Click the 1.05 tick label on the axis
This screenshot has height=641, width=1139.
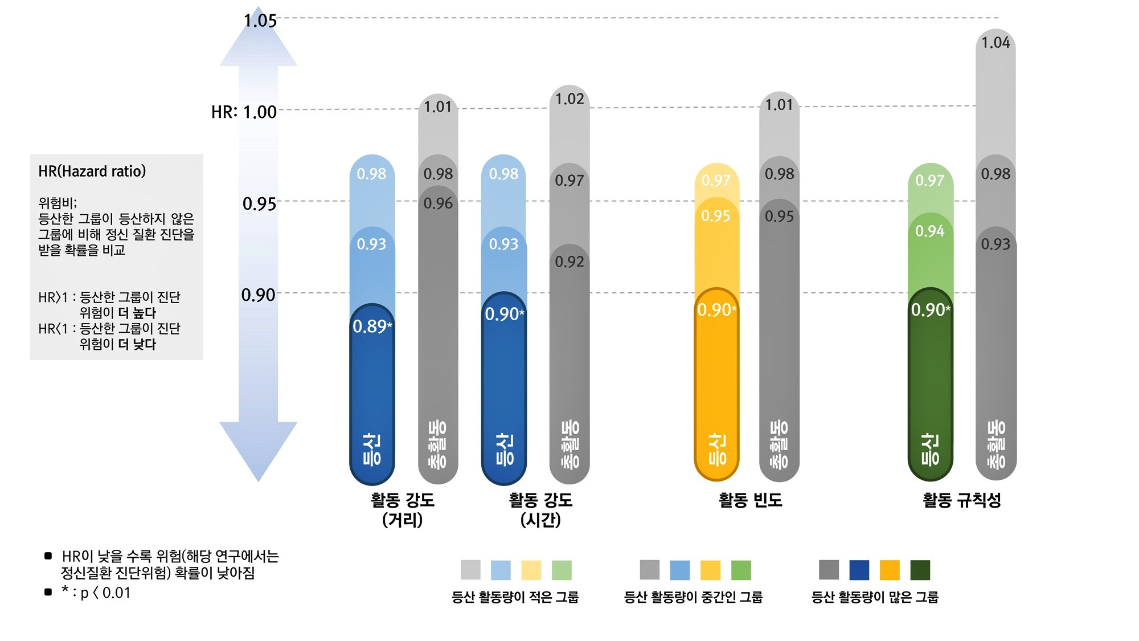260,21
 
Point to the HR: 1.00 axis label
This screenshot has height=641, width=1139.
244,112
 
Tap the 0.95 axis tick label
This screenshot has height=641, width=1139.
259,203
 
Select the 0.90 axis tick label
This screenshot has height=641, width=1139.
258,295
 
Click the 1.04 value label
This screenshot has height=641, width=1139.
995,43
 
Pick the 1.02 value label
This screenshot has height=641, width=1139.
569,99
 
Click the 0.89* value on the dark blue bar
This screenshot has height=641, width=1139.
372,326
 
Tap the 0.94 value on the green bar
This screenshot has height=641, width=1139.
929,231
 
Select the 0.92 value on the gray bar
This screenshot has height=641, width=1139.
569,262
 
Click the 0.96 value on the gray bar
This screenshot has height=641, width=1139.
438,203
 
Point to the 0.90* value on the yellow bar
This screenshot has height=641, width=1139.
716,310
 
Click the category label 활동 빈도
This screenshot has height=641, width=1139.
750,500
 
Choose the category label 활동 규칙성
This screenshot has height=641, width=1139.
961,500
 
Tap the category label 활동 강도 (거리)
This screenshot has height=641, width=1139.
403,509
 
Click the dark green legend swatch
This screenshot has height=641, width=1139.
920,570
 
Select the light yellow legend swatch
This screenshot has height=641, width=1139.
531,570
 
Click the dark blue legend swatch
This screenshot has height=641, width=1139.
859,570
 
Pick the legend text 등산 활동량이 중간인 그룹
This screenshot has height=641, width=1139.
693,597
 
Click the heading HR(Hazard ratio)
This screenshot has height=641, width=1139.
92,171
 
